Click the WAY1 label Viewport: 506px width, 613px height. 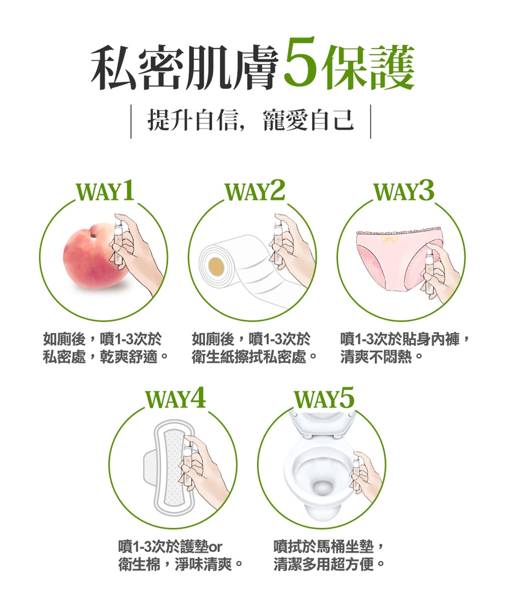[x=105, y=191]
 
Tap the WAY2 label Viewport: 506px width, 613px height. [x=255, y=191]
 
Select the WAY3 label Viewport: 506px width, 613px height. [x=404, y=191]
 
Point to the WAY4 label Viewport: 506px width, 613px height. [x=176, y=398]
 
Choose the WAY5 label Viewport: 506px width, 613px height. [x=324, y=398]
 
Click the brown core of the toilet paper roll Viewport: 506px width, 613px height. [x=217, y=266]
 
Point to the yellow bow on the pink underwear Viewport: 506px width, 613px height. [x=389, y=239]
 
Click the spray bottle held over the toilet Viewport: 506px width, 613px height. [x=356, y=473]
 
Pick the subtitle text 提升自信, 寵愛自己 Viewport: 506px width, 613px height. [x=251, y=120]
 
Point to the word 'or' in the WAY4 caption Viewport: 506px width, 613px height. [x=216, y=547]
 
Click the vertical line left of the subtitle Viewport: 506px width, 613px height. [x=131, y=120]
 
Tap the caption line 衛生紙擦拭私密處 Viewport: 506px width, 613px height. [x=249, y=357]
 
